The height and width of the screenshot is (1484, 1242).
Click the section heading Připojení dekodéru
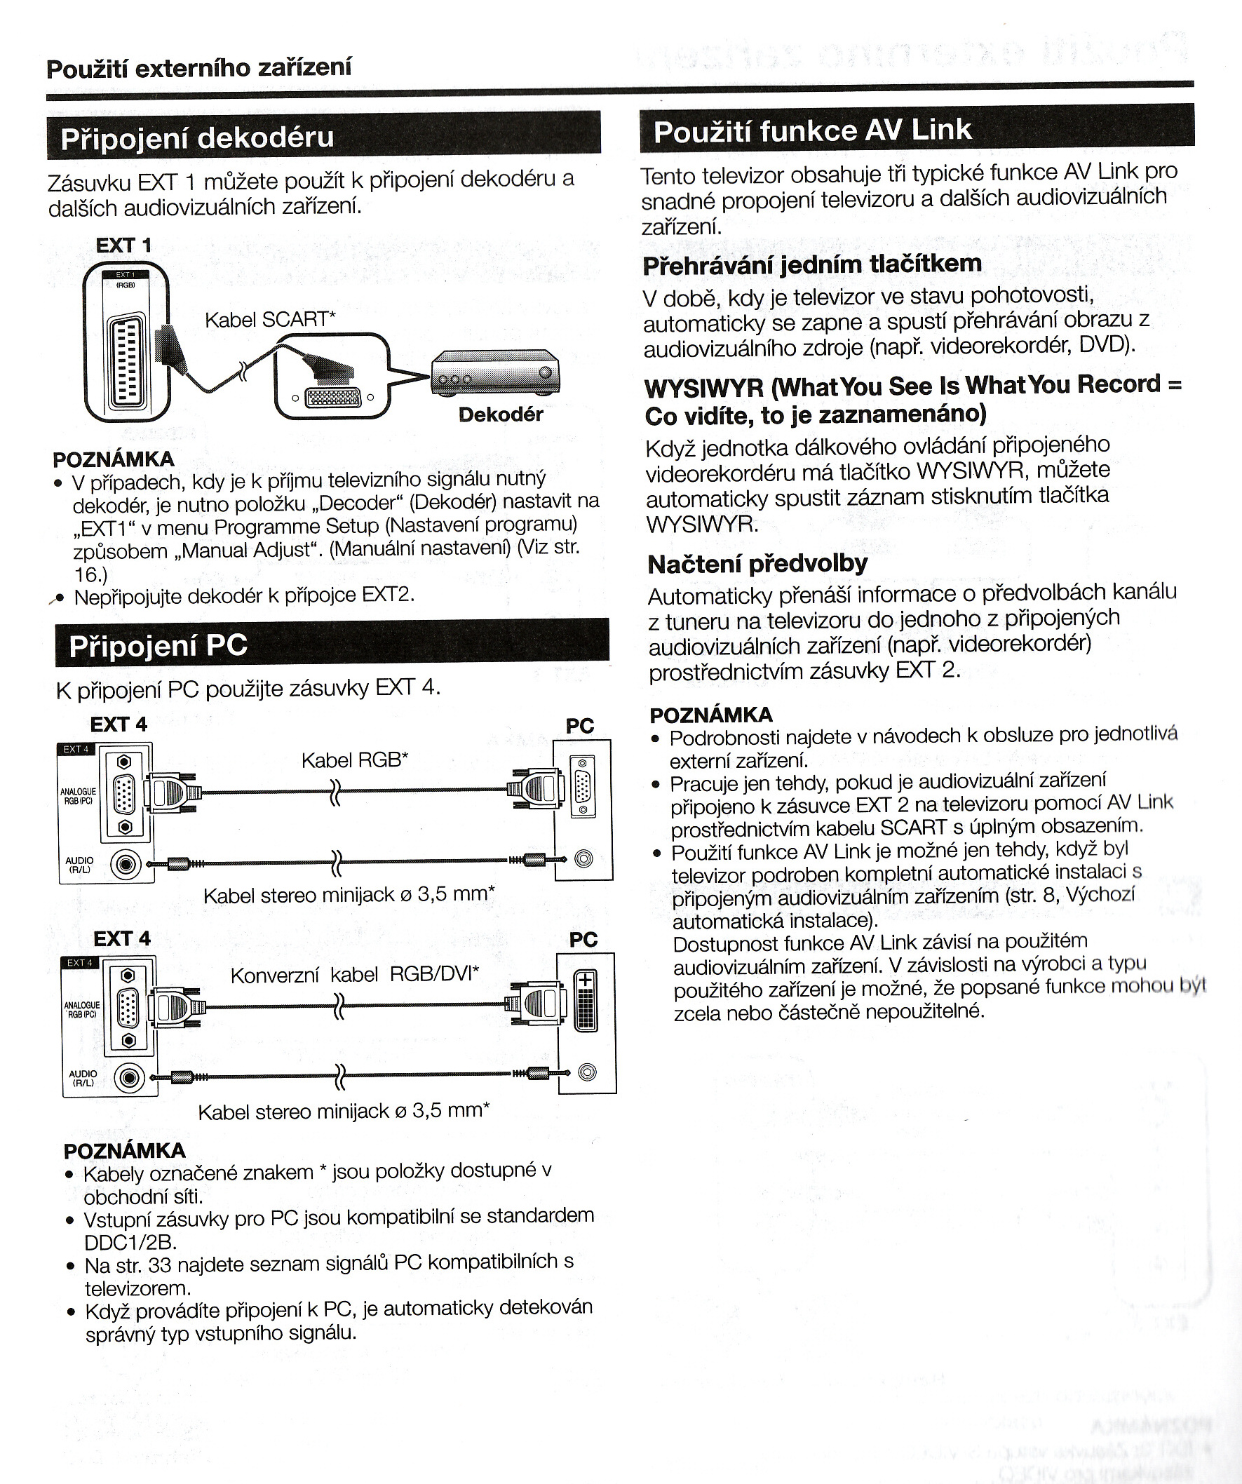[197, 137]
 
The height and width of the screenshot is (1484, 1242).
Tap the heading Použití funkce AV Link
[813, 130]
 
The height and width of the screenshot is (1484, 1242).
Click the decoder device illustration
[495, 374]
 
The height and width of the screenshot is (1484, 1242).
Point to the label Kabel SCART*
[270, 319]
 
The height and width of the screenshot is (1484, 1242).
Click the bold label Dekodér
[500, 414]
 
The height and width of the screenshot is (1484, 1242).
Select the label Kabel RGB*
[355, 760]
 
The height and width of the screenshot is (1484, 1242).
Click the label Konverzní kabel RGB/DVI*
[355, 975]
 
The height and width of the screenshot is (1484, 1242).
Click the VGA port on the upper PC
[582, 786]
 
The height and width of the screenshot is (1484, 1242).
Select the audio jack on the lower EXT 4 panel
[129, 1078]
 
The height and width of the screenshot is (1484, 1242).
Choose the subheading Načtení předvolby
[757, 563]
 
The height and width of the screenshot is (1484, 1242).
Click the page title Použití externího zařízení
[198, 68]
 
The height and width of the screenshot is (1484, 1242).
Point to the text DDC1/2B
[130, 1241]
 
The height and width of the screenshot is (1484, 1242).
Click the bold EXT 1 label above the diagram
[123, 245]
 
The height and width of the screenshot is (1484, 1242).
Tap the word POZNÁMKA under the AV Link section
[710, 715]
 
